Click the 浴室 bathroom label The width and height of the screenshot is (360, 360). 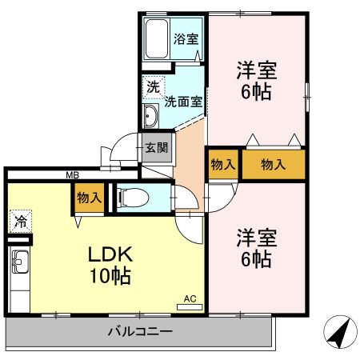tap(186, 38)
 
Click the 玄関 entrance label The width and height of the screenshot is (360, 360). tap(157, 147)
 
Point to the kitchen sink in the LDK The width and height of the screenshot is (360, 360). tap(19, 261)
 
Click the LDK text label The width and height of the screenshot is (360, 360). tap(110, 254)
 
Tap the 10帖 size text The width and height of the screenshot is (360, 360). tap(110, 278)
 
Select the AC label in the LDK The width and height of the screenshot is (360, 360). tap(190, 299)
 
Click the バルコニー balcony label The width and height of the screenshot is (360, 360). tap(139, 331)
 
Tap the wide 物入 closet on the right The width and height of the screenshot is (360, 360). tap(274, 165)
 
